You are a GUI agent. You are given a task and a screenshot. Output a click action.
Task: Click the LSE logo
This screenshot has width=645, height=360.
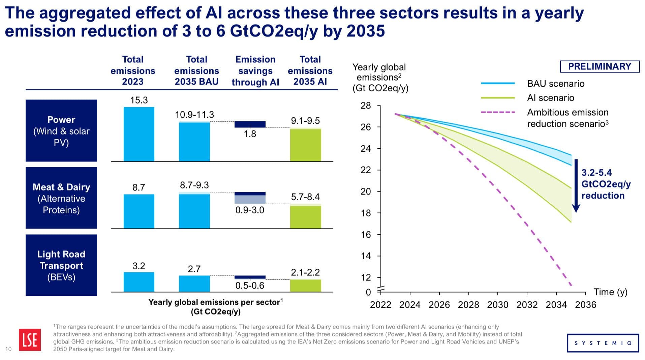pos(30,340)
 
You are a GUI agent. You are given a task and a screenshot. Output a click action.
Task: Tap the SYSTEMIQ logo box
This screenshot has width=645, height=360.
pos(603,343)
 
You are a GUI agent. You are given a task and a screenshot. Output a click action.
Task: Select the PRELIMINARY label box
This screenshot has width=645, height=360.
pos(600,66)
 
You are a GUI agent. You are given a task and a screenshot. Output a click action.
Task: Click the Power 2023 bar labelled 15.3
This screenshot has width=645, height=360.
pos(139,134)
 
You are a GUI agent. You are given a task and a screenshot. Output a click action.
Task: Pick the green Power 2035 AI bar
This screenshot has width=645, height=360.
pos(305,145)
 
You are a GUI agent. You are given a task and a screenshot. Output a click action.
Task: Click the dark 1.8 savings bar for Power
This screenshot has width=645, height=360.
pos(250,124)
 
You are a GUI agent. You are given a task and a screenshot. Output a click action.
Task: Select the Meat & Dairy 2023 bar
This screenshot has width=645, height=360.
pos(139,211)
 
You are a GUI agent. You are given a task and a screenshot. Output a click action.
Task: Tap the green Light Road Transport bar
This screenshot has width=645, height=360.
pos(305,286)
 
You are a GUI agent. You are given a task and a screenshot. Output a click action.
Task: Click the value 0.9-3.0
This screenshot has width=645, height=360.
pos(250,210)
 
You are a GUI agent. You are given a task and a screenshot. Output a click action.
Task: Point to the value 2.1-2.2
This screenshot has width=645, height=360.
pos(305,272)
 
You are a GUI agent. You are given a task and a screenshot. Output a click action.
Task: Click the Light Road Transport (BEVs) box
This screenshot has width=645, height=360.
pos(61,265)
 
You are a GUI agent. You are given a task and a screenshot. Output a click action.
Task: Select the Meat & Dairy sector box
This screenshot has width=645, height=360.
pos(61,198)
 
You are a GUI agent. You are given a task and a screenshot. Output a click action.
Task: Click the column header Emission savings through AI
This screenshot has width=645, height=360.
pos(255,71)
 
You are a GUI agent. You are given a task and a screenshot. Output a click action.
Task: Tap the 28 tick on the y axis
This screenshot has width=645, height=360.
pos(366,106)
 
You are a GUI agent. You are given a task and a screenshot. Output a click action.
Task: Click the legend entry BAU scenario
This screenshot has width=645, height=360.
pos(555,84)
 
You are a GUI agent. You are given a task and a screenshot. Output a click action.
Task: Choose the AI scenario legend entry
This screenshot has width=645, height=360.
pos(550,98)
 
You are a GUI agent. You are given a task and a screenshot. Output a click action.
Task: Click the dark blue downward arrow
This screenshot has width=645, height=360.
pos(576,185)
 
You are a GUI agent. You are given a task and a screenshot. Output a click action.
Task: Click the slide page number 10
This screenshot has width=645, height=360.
pos(8,349)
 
